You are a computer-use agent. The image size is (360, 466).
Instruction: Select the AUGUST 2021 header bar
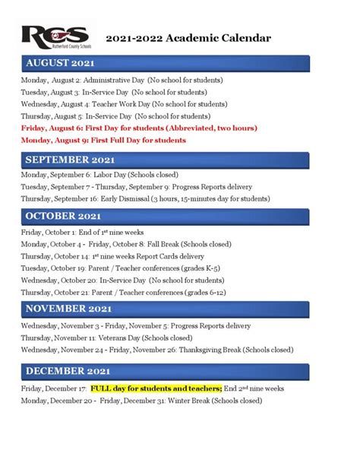pyautogui.click(x=166, y=62)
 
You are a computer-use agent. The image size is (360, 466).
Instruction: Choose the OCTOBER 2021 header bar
pyautogui.click(x=166, y=217)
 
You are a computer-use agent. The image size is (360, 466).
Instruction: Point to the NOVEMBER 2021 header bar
pyautogui.click(x=166, y=309)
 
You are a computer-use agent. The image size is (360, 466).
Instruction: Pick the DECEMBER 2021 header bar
pyautogui.click(x=166, y=370)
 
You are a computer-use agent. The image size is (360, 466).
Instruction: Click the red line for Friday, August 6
pyautogui.click(x=138, y=128)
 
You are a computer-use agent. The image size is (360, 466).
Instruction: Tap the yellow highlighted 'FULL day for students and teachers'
pyautogui.click(x=155, y=387)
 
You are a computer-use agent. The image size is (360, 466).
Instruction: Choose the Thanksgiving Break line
pyautogui.click(x=156, y=350)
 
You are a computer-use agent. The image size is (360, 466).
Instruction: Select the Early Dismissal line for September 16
pyautogui.click(x=145, y=198)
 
